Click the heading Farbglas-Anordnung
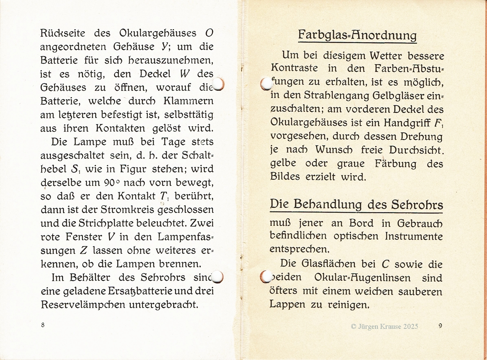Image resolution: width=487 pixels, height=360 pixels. (x=357, y=35)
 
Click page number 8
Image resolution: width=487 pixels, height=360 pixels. (x=43, y=325)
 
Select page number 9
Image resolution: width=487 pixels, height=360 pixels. (x=440, y=325)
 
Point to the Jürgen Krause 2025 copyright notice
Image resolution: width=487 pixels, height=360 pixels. (x=384, y=326)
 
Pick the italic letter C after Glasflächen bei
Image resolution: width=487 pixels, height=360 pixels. (x=385, y=264)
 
